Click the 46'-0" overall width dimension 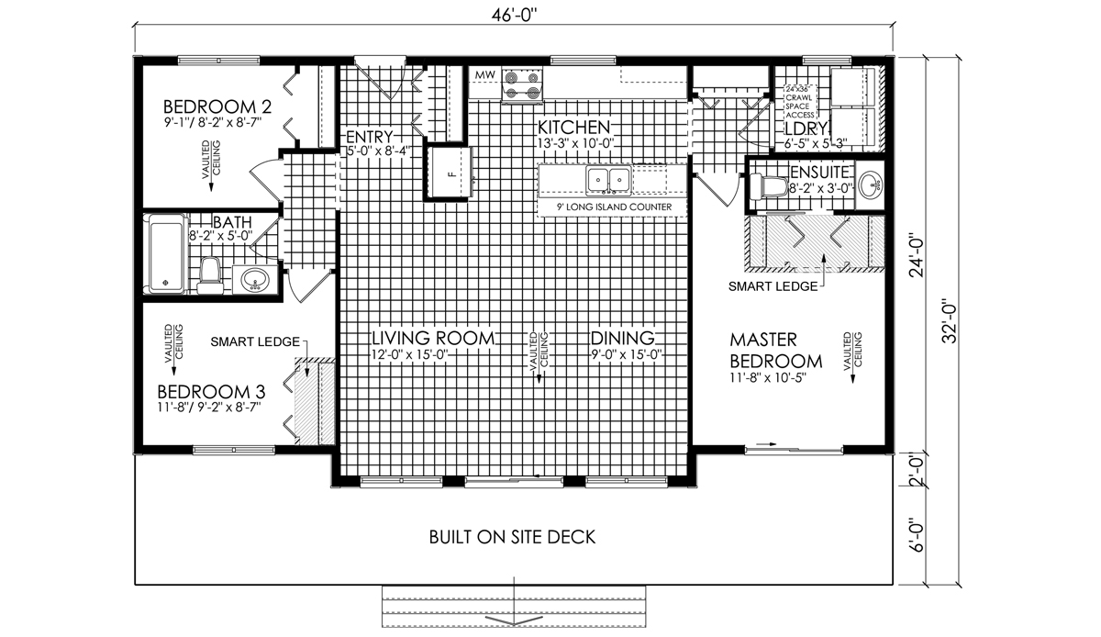click(514, 16)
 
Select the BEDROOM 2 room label click(217, 106)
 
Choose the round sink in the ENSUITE click(871, 185)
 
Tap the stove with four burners click(522, 85)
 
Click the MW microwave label click(484, 75)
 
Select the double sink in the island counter click(608, 179)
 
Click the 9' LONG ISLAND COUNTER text click(614, 207)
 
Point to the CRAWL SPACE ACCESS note click(800, 102)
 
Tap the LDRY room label click(806, 129)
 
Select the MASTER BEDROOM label click(775, 351)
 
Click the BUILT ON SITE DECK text click(512, 537)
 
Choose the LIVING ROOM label click(432, 338)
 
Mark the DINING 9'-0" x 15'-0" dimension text click(627, 354)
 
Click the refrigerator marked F click(450, 173)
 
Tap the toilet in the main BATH click(209, 275)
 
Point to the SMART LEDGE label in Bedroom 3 click(255, 341)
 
